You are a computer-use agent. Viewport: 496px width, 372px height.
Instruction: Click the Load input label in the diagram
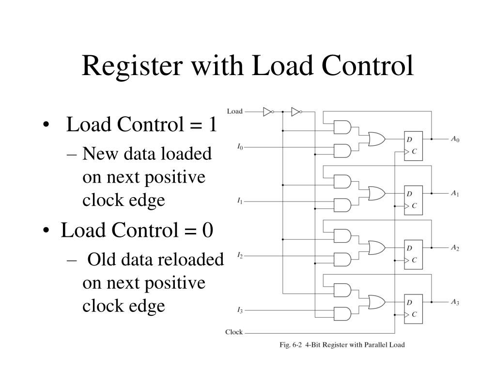(234, 111)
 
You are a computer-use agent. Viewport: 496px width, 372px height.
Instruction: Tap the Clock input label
(234, 332)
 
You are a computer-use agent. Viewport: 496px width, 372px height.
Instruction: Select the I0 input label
(240, 145)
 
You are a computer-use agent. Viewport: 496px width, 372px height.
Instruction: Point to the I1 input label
(240, 200)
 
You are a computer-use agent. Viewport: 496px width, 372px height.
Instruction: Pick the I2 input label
(240, 254)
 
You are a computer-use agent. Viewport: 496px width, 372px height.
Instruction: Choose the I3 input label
(240, 309)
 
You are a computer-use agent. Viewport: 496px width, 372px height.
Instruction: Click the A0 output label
(454, 139)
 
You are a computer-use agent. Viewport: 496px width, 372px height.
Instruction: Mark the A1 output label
(454, 193)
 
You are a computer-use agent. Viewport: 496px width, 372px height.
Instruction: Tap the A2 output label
(454, 248)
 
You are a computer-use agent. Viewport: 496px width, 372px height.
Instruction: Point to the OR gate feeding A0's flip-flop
(377, 139)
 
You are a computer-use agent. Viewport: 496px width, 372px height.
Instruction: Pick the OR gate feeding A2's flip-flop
(377, 248)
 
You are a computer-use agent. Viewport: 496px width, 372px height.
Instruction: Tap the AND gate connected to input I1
(342, 205)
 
